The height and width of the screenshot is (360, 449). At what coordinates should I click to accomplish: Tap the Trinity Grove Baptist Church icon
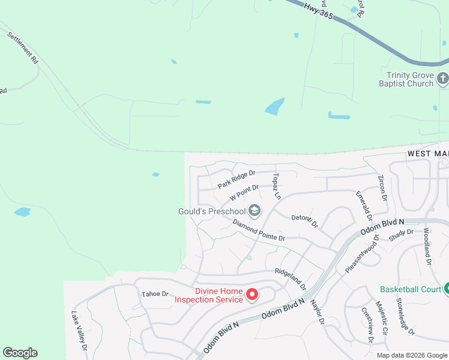pos(442,78)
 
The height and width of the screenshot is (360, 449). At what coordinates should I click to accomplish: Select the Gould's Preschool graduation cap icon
pos(255,210)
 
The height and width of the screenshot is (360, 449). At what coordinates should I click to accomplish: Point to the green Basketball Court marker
pos(446,289)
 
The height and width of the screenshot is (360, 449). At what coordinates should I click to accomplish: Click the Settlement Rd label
pos(23,48)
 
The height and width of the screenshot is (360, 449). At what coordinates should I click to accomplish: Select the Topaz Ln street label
pos(277,186)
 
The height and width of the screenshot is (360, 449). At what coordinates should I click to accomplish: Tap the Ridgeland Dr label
pos(291,279)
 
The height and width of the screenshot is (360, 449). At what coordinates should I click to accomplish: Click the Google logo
pos(20,353)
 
